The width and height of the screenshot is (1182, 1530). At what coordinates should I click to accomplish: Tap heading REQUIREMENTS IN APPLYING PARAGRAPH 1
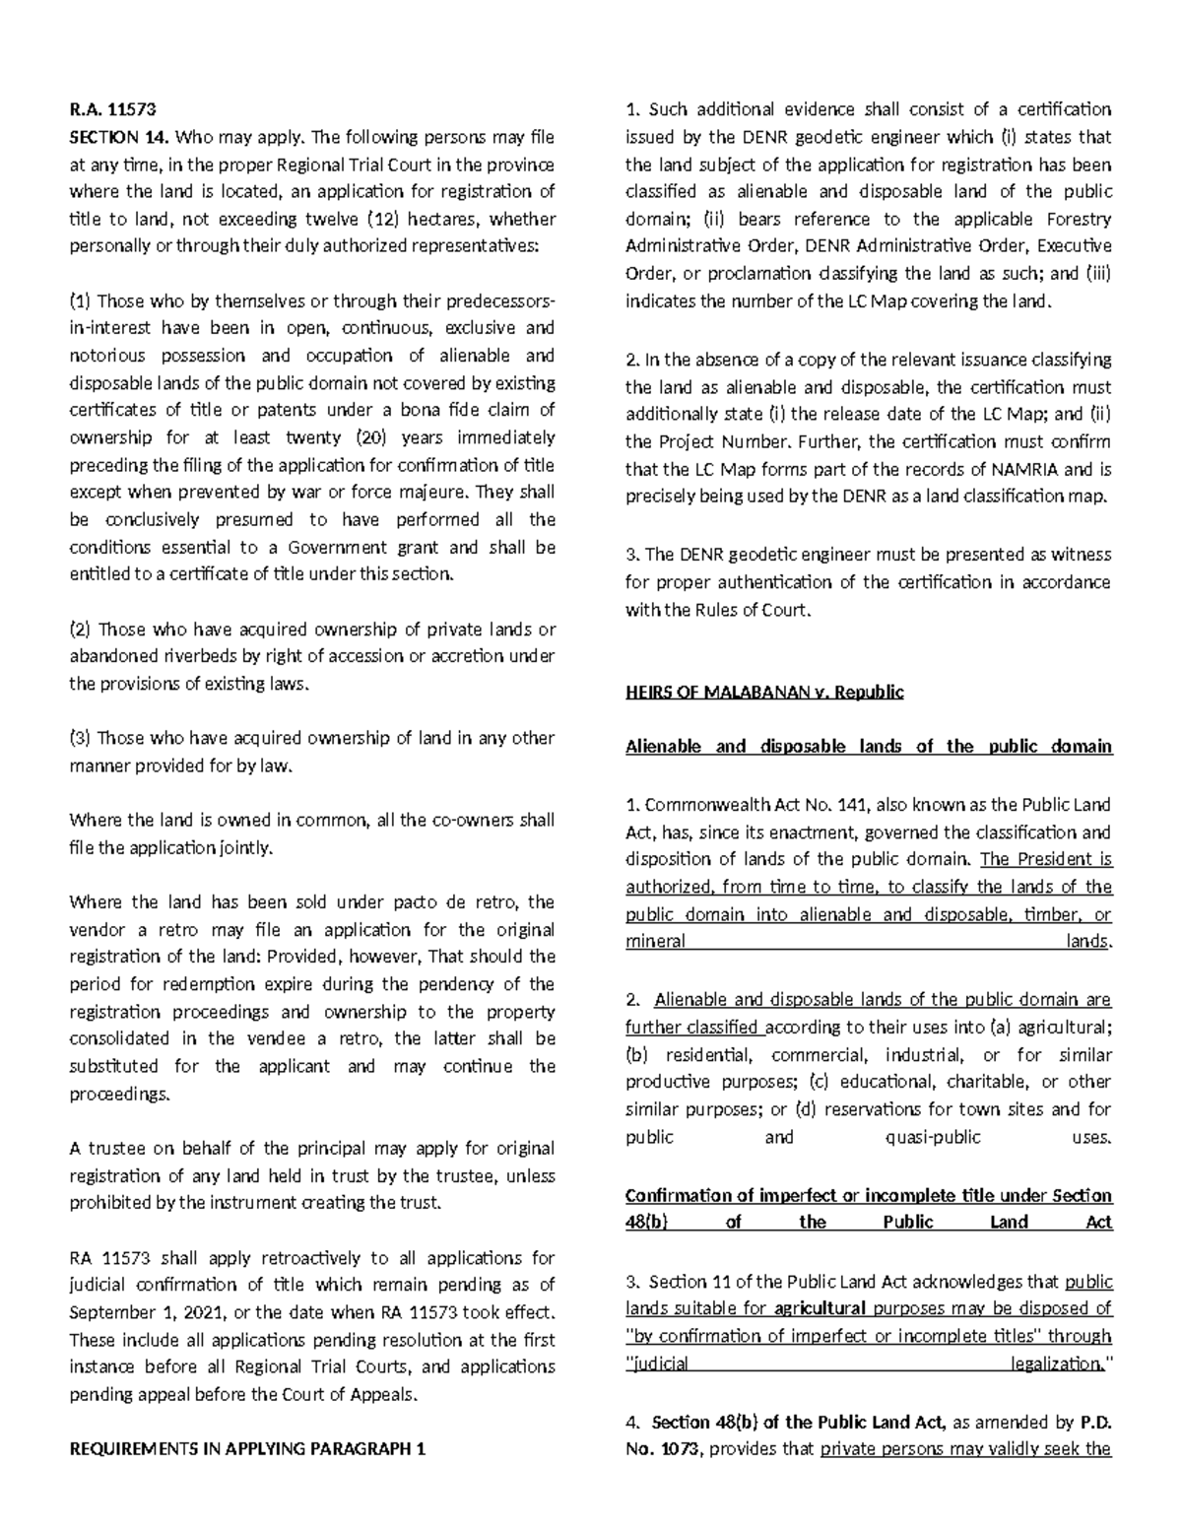coord(246,1448)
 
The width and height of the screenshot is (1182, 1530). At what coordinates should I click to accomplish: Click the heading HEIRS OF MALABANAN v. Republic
coord(764,692)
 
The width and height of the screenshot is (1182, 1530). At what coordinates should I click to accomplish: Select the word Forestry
coord(1077,219)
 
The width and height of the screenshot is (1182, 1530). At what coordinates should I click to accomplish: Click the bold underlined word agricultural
coord(820,1309)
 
